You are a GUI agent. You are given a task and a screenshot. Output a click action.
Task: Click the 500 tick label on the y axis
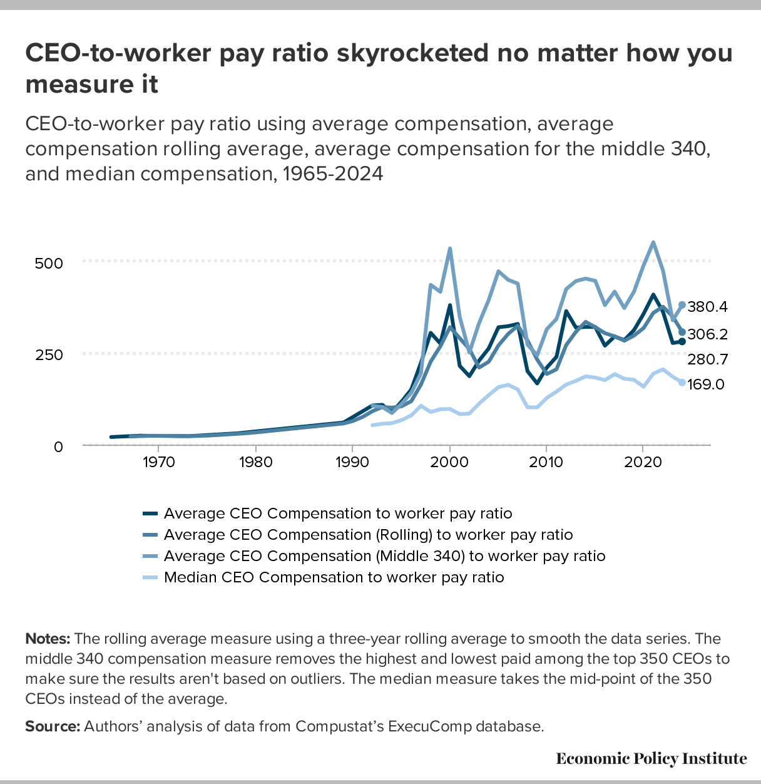[x=49, y=263]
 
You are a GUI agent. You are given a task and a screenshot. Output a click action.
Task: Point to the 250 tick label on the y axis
[x=49, y=355]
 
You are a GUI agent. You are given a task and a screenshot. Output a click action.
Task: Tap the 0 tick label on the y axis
[x=58, y=446]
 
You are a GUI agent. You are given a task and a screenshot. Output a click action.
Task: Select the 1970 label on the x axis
[x=158, y=462]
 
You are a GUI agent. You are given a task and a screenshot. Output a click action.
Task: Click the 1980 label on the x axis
[x=255, y=462]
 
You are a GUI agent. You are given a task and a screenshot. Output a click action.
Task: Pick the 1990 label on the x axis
[x=352, y=462]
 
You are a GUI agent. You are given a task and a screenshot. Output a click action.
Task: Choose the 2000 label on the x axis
[x=449, y=462]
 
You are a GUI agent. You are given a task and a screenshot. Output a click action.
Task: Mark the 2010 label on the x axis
[x=546, y=462]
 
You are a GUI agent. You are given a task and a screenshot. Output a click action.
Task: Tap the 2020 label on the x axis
[x=643, y=462]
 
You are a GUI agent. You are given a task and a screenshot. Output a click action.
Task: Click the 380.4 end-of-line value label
[x=707, y=307]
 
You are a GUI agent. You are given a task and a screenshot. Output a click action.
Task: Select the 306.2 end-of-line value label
[x=707, y=334]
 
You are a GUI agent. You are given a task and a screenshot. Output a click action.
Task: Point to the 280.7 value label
[x=707, y=359]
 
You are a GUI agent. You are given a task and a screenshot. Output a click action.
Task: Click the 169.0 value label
[x=706, y=384]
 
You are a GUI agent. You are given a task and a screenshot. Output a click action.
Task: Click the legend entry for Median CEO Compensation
[x=334, y=577]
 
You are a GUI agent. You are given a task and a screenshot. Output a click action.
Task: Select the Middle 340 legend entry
[x=384, y=556]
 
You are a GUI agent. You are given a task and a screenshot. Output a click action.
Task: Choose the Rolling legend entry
[x=368, y=535]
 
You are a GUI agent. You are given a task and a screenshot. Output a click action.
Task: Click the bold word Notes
[x=48, y=639]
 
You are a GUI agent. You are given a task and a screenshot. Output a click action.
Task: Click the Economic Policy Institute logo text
[x=651, y=759]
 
